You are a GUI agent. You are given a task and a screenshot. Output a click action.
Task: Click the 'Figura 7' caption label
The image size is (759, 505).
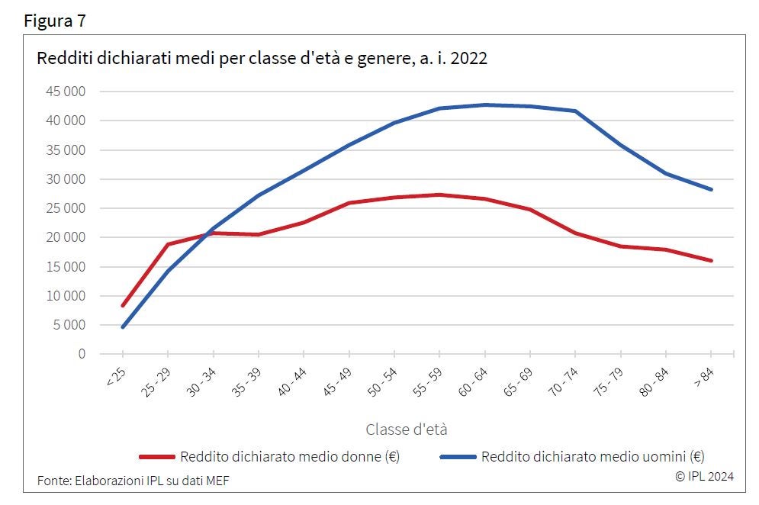click(55, 21)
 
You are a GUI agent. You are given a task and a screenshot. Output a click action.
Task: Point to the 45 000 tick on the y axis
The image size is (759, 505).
click(64, 92)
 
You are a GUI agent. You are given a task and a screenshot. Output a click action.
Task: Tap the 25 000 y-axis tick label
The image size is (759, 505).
click(64, 208)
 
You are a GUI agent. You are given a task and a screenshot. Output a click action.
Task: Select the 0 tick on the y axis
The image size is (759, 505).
click(81, 354)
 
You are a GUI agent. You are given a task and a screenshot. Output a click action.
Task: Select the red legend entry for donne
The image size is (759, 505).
click(270, 457)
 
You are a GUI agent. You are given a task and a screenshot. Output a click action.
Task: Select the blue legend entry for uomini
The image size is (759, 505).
click(572, 457)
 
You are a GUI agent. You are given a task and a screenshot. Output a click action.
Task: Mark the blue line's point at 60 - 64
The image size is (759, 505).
click(484, 105)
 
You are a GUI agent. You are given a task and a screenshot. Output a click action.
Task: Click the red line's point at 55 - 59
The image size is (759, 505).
click(439, 195)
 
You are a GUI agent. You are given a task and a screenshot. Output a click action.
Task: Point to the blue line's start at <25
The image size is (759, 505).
click(122, 327)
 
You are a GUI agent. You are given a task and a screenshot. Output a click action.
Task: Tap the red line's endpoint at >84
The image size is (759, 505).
click(712, 261)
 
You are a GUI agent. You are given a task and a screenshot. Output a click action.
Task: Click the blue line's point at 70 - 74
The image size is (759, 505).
click(575, 111)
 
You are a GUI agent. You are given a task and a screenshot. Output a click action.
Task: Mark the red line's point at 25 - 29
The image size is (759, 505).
click(168, 244)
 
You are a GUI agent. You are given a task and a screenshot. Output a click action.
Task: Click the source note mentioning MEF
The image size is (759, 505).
click(133, 480)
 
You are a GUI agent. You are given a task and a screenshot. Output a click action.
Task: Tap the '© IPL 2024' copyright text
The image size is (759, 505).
click(704, 476)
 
